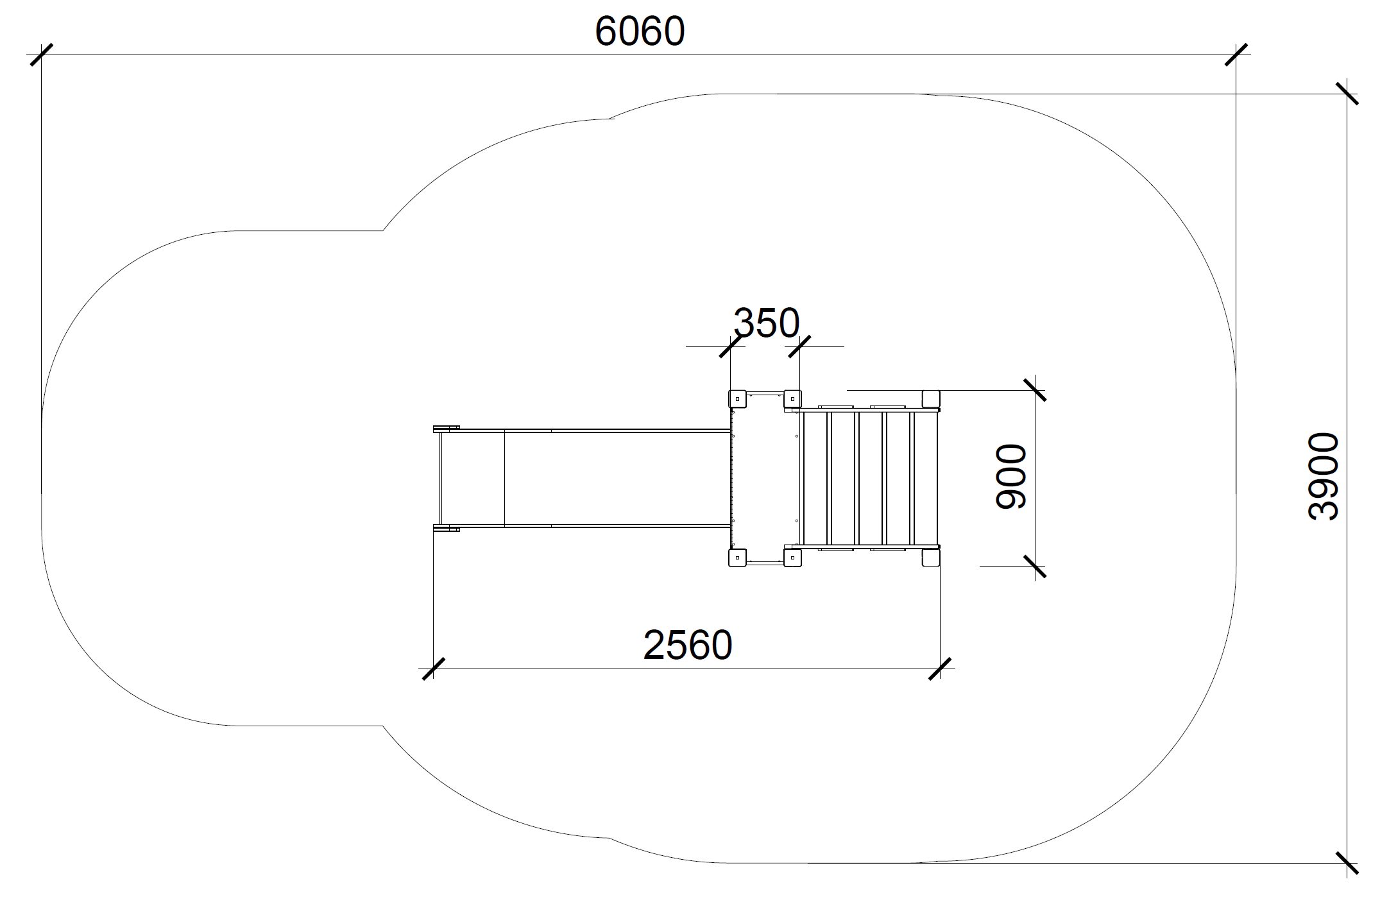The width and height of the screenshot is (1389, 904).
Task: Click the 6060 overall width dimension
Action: click(x=640, y=31)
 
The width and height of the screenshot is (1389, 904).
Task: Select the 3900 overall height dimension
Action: click(x=1323, y=476)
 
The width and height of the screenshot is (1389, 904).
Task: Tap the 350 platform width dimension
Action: click(x=766, y=323)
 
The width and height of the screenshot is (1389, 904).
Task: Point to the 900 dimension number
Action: click(x=1010, y=477)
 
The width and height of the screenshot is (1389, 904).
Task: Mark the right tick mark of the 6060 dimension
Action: click(x=1236, y=55)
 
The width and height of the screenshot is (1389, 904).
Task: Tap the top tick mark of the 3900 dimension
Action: click(x=1347, y=94)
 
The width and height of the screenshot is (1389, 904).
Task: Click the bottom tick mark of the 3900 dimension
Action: click(x=1347, y=863)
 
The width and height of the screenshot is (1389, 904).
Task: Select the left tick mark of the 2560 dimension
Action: click(x=434, y=669)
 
